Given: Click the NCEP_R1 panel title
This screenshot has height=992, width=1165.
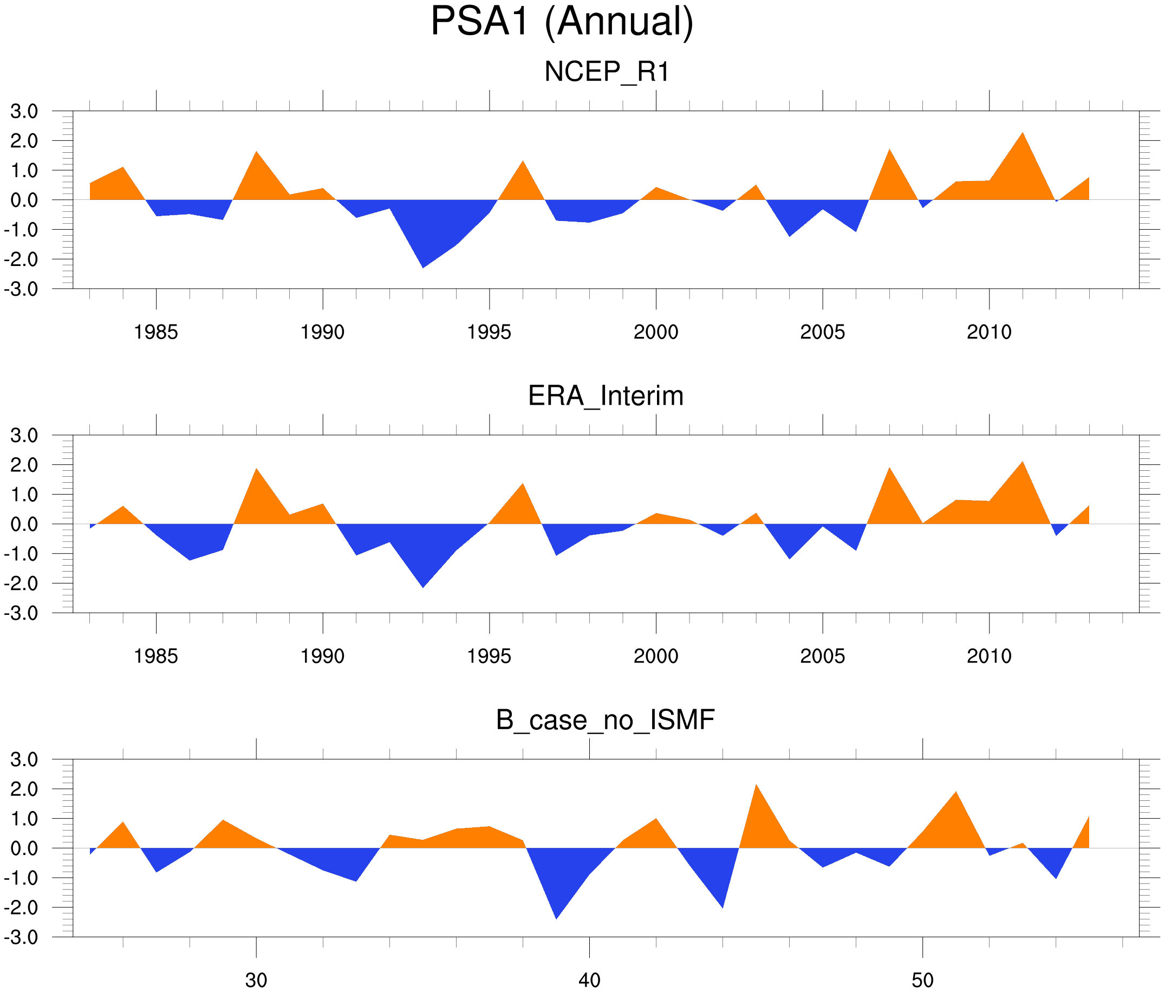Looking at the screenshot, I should tap(607, 72).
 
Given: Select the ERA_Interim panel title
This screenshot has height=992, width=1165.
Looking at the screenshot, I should tap(606, 396).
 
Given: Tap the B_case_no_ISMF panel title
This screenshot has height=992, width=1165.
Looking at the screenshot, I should tap(605, 720).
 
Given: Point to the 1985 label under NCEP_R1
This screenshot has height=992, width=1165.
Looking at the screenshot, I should tap(156, 332).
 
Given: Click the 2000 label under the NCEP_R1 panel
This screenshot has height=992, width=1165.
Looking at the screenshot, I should tap(655, 332).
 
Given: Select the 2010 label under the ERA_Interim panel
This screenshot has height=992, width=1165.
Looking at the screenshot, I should tap(989, 656).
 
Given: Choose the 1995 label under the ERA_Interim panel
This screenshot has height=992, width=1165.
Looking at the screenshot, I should tap(489, 656).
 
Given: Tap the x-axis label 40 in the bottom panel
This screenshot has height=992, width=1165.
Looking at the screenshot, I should tap(589, 980).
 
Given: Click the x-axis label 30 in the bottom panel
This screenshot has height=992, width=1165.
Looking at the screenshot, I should tap(256, 980).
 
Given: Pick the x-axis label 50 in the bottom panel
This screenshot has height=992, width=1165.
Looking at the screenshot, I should tap(923, 980).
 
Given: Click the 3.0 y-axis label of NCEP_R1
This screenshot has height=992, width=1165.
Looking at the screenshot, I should tap(24, 112).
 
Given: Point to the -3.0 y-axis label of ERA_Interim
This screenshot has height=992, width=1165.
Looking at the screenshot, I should tap(21, 613).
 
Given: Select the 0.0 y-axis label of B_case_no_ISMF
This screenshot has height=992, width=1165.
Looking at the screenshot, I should tap(24, 848).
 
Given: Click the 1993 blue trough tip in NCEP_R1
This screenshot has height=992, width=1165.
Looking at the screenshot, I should tap(423, 268).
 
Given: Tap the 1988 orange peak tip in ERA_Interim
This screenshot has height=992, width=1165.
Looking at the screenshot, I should tap(256, 469).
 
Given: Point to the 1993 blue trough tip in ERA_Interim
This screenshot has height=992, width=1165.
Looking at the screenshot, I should tap(423, 588).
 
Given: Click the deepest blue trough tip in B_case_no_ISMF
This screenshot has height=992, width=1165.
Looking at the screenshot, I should tap(556, 919).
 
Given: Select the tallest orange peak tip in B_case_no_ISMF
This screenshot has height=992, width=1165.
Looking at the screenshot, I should tap(756, 784).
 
